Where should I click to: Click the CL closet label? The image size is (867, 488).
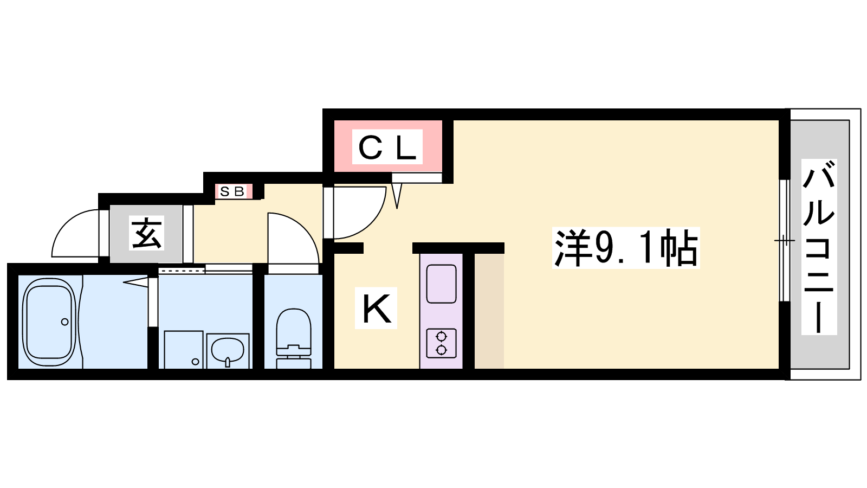coord(387,147)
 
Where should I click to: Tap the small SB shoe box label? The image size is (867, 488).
coord(232,191)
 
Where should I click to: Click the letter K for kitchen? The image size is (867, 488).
coord(376,309)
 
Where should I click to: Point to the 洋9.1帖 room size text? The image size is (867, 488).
coord(626,248)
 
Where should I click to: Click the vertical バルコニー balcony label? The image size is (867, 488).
coord(819,247)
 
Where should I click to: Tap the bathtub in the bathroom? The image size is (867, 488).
coord(49,322)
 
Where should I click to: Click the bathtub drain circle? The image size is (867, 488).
coord(64,322)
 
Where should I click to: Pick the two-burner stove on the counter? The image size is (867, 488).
coord(441,343)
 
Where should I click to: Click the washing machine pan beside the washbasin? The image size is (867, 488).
coord(184,349)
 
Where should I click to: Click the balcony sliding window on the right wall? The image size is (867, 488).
coord(784,241)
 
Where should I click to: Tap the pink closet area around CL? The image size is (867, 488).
coord(388,146)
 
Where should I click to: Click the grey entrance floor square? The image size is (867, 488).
coord(146,234)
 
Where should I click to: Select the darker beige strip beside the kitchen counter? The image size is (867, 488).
coord(489,312)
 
